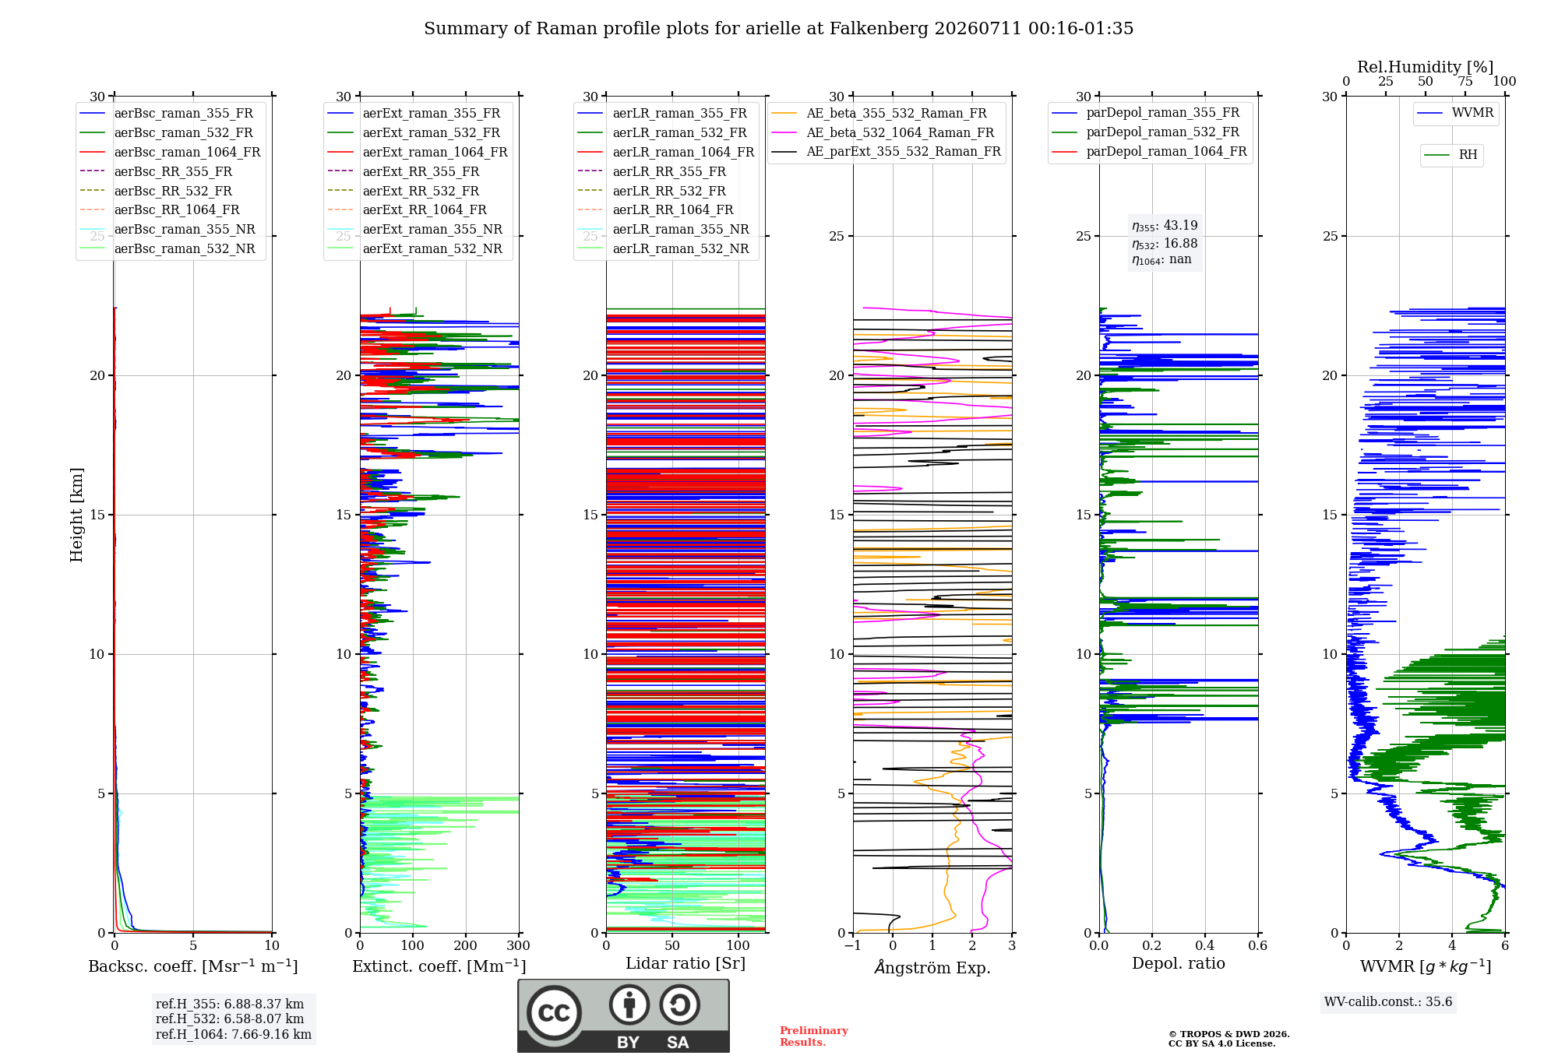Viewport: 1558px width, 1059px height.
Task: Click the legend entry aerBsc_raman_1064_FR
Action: (170, 152)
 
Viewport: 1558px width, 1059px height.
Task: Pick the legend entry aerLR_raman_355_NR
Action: (663, 229)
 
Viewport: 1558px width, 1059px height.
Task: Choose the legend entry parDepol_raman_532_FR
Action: (1146, 132)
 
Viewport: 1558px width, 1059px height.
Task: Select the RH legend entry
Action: (1450, 155)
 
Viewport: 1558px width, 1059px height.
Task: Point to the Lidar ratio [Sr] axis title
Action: (686, 963)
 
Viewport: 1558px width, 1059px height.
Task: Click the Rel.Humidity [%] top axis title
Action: (1426, 67)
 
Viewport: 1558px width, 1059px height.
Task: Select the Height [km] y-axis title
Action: (76, 515)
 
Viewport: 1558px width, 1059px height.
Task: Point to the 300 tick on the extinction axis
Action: (518, 945)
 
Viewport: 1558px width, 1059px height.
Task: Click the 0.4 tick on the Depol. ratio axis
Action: (1204, 945)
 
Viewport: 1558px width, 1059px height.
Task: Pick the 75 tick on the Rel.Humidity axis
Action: (1465, 82)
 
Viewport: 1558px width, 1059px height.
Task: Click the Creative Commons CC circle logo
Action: (554, 1013)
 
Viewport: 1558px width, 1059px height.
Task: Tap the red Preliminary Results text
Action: (814, 1036)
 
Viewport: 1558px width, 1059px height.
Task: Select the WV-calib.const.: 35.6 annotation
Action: (1388, 1002)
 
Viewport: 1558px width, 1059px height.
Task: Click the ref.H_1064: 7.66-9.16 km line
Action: (234, 1035)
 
